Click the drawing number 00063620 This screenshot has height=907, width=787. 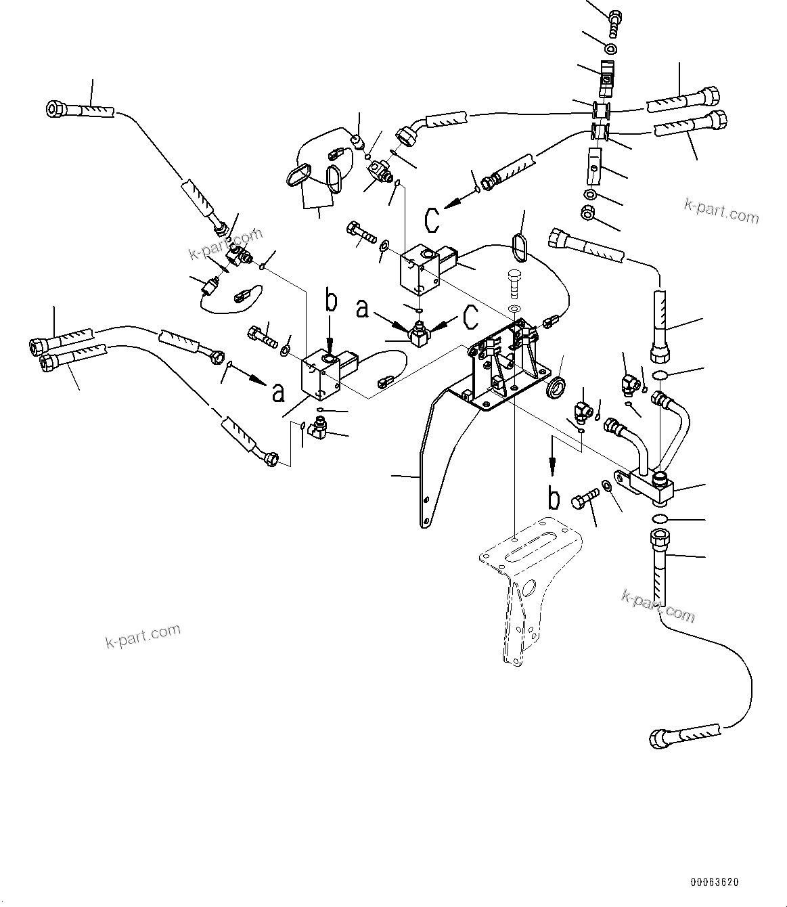click(x=715, y=883)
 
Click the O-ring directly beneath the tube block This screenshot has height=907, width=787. click(x=660, y=519)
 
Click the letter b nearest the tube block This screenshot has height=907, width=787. click(x=554, y=497)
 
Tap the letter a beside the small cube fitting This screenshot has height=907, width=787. click(x=363, y=310)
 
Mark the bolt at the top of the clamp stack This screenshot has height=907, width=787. click(x=616, y=21)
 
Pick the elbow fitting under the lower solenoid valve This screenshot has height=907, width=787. click(x=317, y=430)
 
